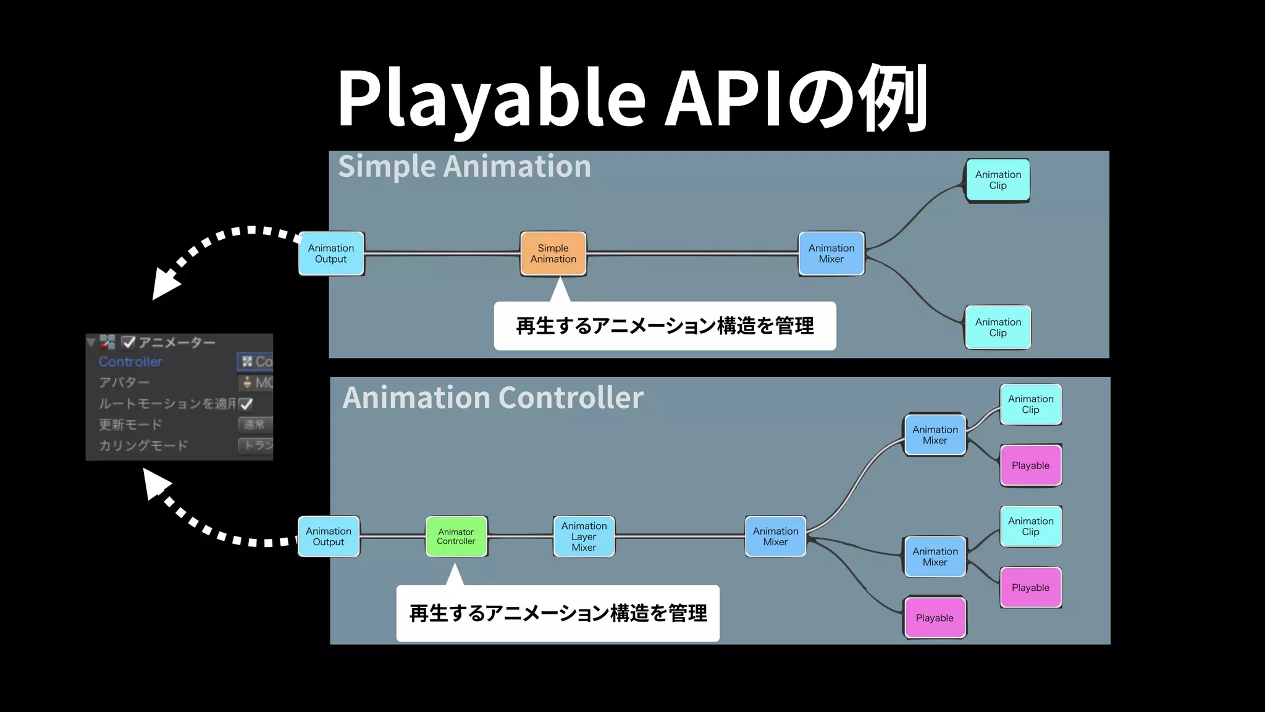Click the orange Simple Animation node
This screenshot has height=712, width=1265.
[553, 253]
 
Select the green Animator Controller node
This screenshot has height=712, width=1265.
[456, 536]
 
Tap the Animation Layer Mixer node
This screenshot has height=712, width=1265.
[584, 536]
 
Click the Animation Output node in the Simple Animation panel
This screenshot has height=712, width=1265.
[330, 253]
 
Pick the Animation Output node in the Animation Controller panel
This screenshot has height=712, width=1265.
[328, 536]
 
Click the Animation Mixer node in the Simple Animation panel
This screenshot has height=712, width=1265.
[831, 253]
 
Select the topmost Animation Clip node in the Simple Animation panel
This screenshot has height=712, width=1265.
[998, 180]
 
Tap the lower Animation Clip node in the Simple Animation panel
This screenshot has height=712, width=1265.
[998, 327]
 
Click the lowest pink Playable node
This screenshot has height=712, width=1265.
[935, 617]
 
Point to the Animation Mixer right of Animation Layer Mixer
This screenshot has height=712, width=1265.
[775, 536]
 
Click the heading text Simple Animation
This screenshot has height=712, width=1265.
[464, 167]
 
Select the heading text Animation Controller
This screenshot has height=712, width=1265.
[493, 397]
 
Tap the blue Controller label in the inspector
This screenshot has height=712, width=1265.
[130, 362]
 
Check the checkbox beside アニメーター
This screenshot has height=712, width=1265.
[128, 342]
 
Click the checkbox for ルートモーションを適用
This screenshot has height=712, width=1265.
[246, 404]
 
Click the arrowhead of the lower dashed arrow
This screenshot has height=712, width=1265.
[156, 483]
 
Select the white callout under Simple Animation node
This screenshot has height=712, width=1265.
[665, 326]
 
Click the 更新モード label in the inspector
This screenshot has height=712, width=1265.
[130, 425]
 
